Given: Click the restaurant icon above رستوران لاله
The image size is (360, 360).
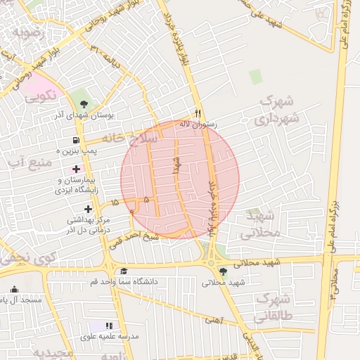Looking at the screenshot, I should (x=198, y=113).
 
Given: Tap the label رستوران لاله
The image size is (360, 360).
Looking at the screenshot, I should (x=199, y=124).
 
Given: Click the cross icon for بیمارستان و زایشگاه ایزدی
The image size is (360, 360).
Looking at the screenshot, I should (x=76, y=169).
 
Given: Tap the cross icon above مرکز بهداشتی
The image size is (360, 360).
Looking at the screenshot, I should (x=88, y=209).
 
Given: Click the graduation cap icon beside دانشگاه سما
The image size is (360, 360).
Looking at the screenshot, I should (x=124, y=271).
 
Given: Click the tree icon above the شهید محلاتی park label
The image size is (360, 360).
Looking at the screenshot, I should (x=224, y=272).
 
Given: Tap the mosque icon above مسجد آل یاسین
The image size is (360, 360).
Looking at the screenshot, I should (x=15, y=289).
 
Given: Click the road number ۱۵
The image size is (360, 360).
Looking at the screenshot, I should (x=115, y=202).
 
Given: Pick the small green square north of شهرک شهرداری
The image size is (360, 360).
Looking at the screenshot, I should (x=255, y=76).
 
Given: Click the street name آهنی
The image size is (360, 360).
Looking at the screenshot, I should (x=212, y=320).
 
